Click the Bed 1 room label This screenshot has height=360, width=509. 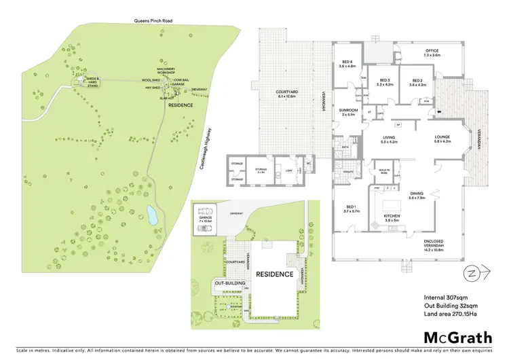click(351, 209)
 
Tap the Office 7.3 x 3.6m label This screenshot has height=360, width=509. click(433, 52)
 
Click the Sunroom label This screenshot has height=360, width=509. click(348, 111)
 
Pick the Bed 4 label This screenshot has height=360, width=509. click(347, 65)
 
